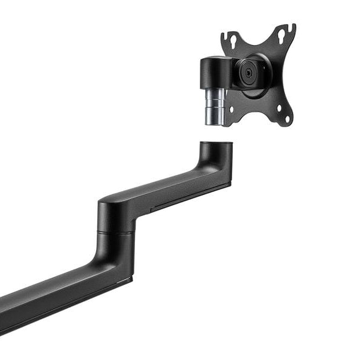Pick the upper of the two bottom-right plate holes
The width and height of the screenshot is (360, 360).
282,109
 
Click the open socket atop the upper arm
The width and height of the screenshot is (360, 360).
215,145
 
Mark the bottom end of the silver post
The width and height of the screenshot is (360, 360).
213,124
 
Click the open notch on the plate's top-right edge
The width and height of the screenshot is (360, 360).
293,28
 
